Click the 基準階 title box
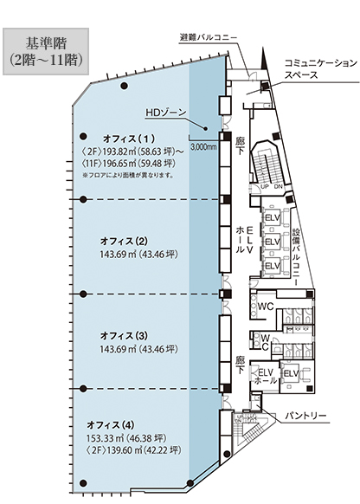click(46, 51)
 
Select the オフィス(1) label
click(129, 139)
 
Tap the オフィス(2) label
click(124, 241)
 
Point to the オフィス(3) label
click(124, 336)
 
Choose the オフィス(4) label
click(111, 425)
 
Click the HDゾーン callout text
click(165, 113)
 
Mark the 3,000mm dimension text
click(203, 147)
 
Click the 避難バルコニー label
click(209, 37)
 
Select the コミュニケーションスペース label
click(321, 68)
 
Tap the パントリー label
click(305, 416)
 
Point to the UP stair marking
click(266, 187)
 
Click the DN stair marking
click(278, 187)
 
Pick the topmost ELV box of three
click(273, 217)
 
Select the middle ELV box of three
click(273, 241)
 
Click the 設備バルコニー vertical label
click(296, 257)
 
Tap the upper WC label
click(266, 307)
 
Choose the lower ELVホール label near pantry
click(266, 377)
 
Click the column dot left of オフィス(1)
click(83, 136)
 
